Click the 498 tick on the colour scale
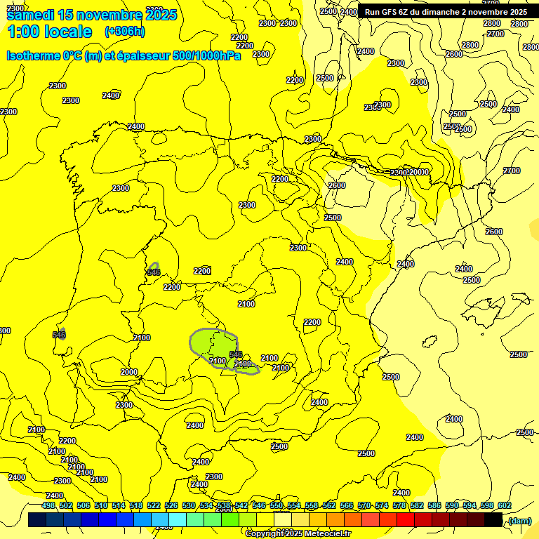[x=48, y=505]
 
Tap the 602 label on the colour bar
[x=505, y=505]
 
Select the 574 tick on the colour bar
[x=382, y=505]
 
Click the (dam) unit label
[x=519, y=520]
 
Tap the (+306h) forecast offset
[x=124, y=31]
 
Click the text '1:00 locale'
[x=49, y=32]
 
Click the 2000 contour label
[x=129, y=372]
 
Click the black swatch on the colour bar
[x=493, y=520]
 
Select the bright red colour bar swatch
[x=406, y=520]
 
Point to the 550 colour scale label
[x=277, y=505]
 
